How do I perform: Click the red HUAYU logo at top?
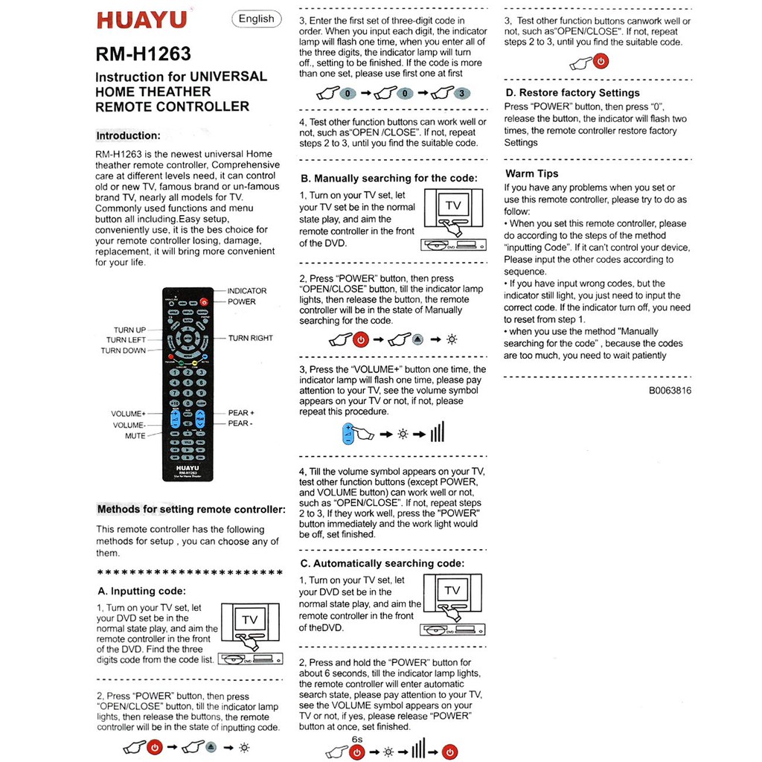pos(144,20)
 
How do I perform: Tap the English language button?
pos(256,19)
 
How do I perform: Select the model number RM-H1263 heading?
pos(144,54)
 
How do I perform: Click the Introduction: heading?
pos(128,135)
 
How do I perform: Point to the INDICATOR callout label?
pos(246,291)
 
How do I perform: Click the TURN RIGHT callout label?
pos(250,338)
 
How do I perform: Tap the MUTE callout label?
pos(135,436)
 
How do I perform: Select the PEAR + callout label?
pos(241,413)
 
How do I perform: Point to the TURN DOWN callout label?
pos(124,350)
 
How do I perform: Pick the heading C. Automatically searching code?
pos(382,563)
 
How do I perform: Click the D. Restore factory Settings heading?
pos(572,93)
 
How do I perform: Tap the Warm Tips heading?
pos(531,173)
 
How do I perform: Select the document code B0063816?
pos(670,390)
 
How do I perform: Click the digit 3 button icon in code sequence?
pos(462,94)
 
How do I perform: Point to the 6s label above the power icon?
pos(357,739)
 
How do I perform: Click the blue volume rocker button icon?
pos(348,435)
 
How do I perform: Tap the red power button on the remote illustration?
pos(205,302)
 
